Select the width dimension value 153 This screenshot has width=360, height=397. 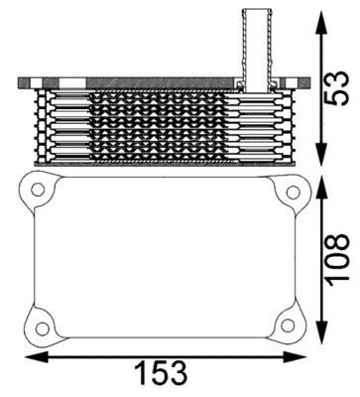(x=162, y=372)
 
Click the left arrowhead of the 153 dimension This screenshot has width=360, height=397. (x=30, y=355)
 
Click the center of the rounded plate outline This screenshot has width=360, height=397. (x=164, y=258)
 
